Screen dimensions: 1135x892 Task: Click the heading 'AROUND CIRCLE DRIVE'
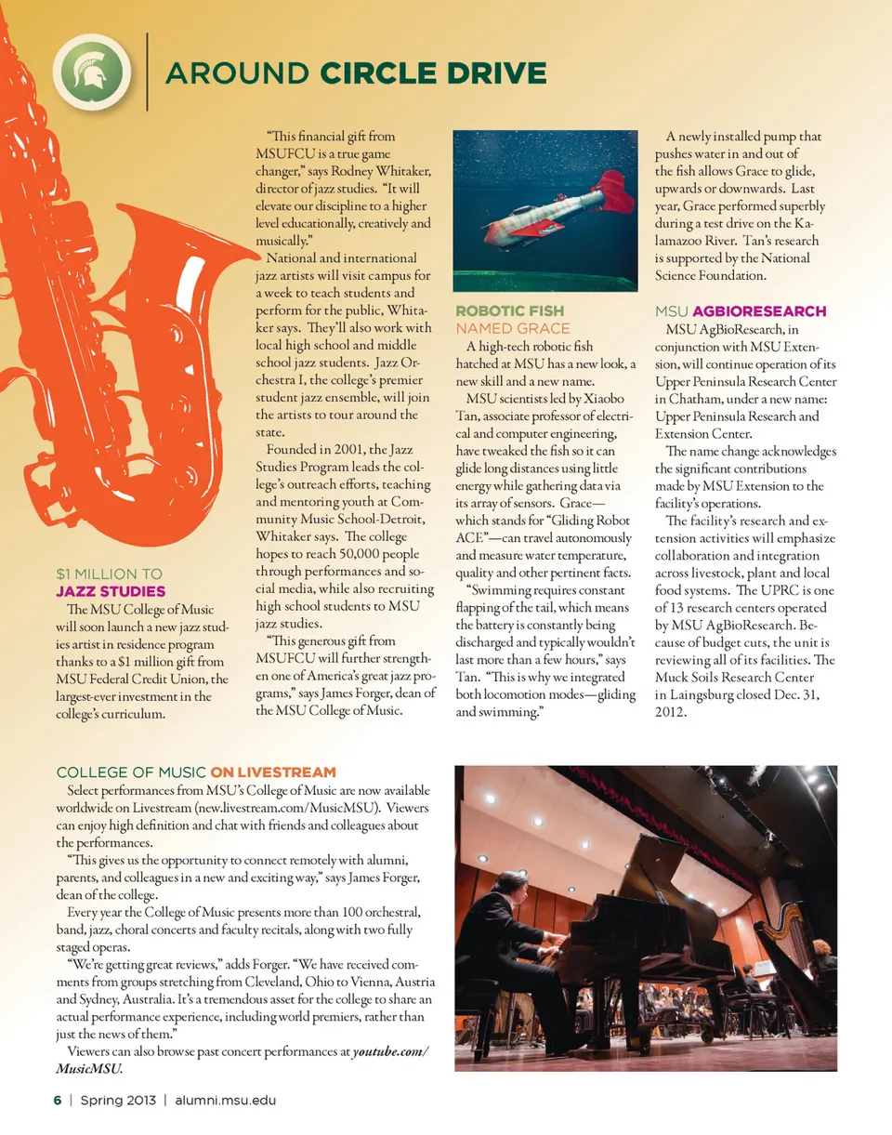click(355, 73)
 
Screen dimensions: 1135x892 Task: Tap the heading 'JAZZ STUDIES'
click(111, 591)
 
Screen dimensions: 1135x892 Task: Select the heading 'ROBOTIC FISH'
click(509, 310)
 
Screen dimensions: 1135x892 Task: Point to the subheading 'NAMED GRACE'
click(512, 328)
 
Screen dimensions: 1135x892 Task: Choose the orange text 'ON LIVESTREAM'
click(272, 772)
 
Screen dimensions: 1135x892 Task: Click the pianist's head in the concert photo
click(511, 886)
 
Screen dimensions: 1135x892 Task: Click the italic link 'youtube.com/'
click(389, 1051)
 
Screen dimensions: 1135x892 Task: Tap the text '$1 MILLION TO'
click(109, 574)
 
